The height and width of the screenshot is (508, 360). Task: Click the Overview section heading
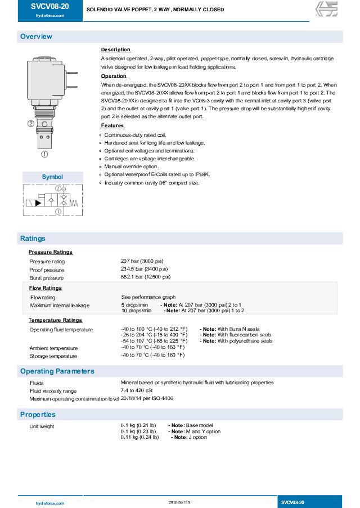click(x=36, y=37)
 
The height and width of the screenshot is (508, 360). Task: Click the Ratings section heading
click(x=33, y=239)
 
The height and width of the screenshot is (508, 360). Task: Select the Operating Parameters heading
click(x=57, y=371)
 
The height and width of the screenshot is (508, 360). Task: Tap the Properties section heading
click(x=38, y=415)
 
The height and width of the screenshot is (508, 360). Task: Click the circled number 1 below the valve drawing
click(x=44, y=153)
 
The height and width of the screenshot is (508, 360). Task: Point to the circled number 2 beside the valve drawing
click(x=30, y=124)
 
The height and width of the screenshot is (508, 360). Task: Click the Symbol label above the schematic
click(x=52, y=177)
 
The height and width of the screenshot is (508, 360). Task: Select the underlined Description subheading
click(x=115, y=50)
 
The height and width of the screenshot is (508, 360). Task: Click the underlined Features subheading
click(x=112, y=125)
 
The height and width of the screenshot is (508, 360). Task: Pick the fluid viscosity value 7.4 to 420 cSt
click(x=137, y=390)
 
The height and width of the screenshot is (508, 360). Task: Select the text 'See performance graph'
click(x=148, y=297)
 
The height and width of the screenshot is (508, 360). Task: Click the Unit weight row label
click(x=42, y=426)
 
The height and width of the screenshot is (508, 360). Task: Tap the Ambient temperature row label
click(x=53, y=348)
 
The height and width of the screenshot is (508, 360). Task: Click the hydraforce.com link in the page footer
click(x=49, y=502)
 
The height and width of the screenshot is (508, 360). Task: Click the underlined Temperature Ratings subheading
click(x=55, y=320)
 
